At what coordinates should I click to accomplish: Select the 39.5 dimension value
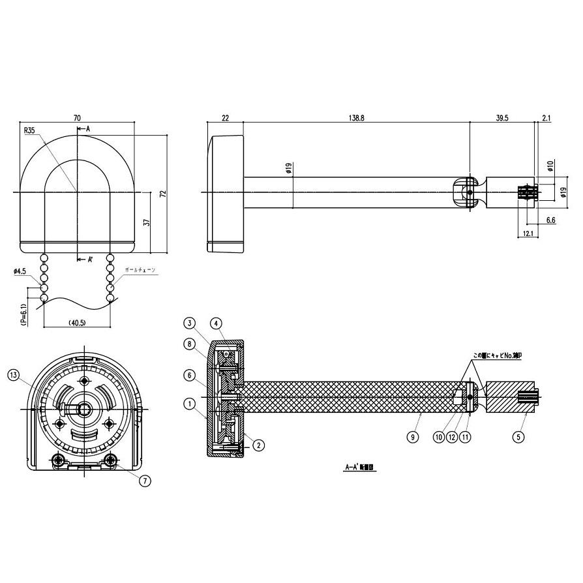tap(502, 117)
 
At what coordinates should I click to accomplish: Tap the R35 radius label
tap(30, 130)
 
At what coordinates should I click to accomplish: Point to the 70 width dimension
tap(77, 118)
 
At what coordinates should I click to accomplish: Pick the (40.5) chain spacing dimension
tap(77, 321)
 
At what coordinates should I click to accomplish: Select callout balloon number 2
tap(258, 445)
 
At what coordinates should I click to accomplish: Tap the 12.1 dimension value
tap(528, 233)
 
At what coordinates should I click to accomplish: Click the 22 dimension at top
tap(225, 117)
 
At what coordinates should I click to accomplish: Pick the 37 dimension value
tap(147, 222)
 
